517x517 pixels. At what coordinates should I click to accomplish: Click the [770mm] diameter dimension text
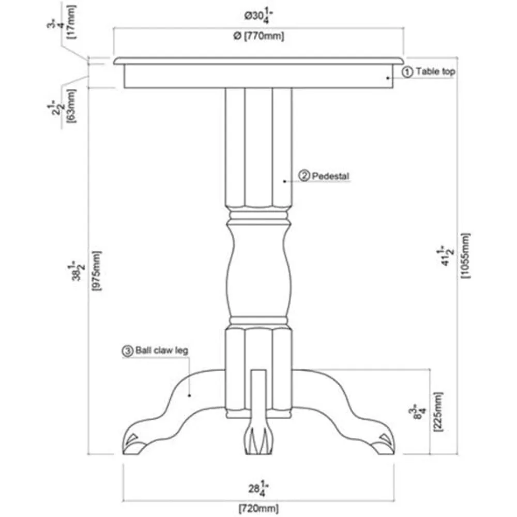258,36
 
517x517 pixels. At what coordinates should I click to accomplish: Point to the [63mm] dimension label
71,107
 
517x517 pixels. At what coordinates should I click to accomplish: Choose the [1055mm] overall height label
466,255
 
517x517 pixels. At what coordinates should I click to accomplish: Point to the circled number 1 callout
407,72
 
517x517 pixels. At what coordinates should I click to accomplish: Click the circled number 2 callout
304,176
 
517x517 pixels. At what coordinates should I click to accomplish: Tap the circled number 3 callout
127,351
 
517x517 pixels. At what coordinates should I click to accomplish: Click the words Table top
435,72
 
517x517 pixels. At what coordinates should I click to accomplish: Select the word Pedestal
330,176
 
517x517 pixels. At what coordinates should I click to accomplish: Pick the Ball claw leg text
161,351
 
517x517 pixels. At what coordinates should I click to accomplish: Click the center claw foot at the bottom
258,440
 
